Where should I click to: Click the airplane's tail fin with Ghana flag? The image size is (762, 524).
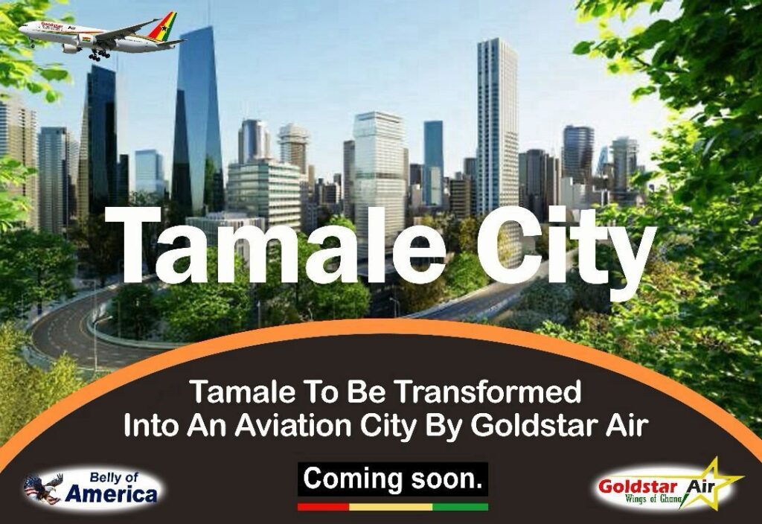pyautogui.click(x=163, y=28)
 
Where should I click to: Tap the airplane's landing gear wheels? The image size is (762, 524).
pyautogui.click(x=100, y=54)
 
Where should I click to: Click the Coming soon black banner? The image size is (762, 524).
pyautogui.click(x=393, y=479)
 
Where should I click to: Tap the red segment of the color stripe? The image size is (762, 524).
pyautogui.click(x=323, y=506)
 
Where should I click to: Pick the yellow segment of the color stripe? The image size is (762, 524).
pyautogui.click(x=391, y=506)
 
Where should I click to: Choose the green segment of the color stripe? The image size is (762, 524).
pyautogui.click(x=460, y=506)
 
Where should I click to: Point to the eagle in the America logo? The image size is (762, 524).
pyautogui.click(x=42, y=488)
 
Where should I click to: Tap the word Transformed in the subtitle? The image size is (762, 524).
pyautogui.click(x=487, y=392)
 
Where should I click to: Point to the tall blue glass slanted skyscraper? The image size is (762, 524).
pyautogui.click(x=196, y=121)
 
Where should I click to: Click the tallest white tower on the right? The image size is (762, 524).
pyautogui.click(x=496, y=127)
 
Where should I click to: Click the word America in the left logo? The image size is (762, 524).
pyautogui.click(x=111, y=495)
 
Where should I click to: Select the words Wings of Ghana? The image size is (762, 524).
pyautogui.click(x=656, y=499)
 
